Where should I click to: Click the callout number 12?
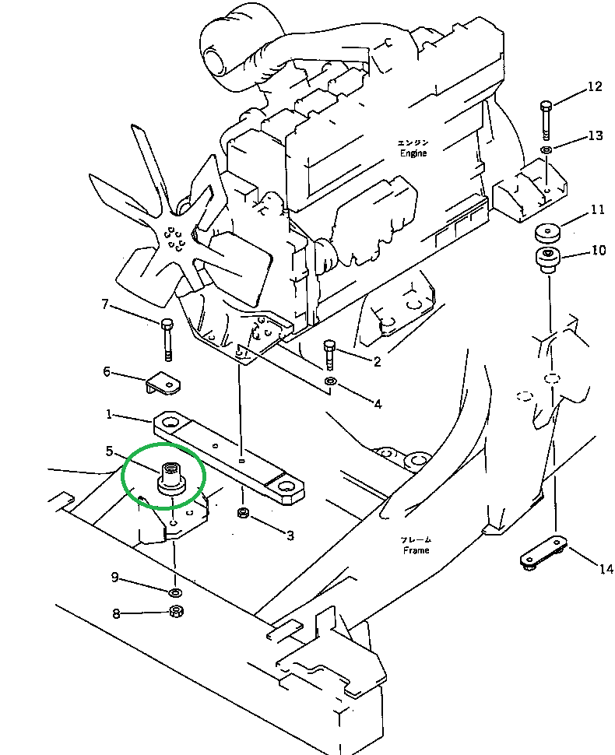click(x=595, y=87)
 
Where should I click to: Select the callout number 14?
click(x=606, y=569)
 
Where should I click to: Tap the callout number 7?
click(x=105, y=304)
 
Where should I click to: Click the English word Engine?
click(x=413, y=153)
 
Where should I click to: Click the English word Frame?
click(x=416, y=550)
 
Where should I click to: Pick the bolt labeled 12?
click(x=546, y=117)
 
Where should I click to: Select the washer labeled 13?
click(x=546, y=149)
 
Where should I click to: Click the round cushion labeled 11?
click(x=548, y=232)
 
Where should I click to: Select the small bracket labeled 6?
click(x=163, y=383)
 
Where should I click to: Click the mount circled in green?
click(x=170, y=477)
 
